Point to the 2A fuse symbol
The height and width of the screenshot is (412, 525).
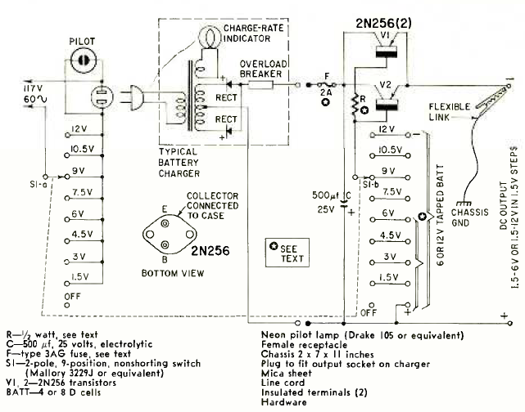[x=324, y=83]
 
